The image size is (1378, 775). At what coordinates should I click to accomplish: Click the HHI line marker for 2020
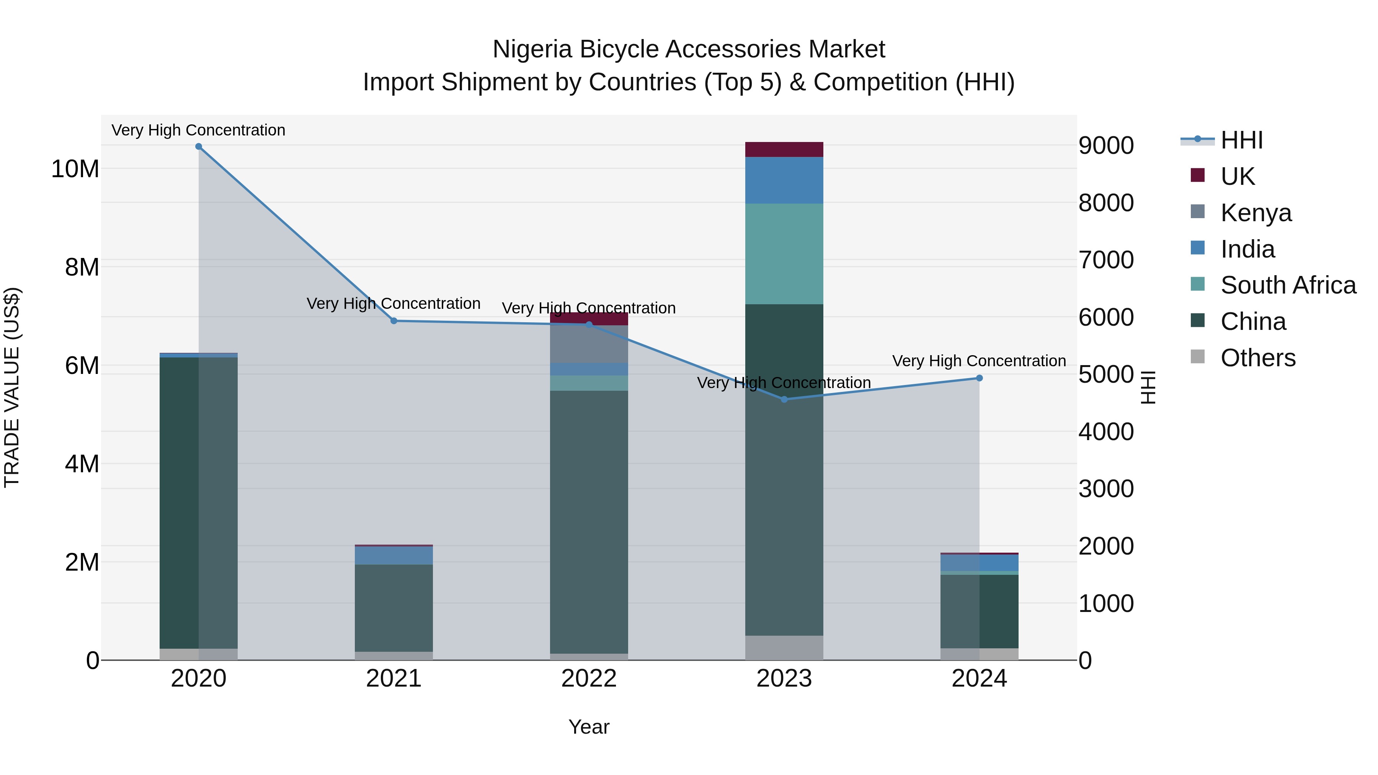[198, 147]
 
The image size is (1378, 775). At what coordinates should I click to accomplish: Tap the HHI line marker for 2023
[784, 399]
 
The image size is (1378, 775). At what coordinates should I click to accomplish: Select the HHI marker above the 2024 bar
[980, 378]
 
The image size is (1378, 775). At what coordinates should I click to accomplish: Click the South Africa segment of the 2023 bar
[784, 254]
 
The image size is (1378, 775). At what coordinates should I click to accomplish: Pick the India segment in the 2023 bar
[784, 180]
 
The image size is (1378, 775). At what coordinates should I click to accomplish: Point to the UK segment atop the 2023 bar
[784, 149]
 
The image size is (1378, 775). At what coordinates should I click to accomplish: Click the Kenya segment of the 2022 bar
[589, 344]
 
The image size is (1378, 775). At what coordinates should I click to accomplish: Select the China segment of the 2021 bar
[394, 608]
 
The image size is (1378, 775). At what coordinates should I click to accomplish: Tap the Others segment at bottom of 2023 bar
[784, 648]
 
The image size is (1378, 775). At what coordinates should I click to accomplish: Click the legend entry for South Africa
[1288, 285]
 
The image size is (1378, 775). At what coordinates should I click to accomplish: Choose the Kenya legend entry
[1256, 213]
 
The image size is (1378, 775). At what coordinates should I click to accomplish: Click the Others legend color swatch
[1198, 357]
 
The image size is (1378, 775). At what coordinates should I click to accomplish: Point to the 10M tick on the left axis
[75, 169]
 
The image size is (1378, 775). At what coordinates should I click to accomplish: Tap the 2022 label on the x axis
[589, 679]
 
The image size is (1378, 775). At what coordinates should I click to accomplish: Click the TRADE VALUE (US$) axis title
[12, 387]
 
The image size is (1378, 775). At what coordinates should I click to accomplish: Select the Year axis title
[589, 727]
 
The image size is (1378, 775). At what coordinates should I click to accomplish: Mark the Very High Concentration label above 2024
[979, 361]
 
